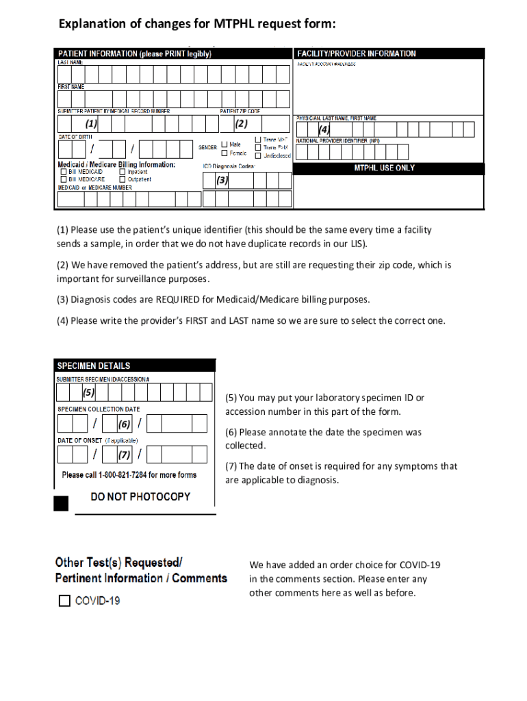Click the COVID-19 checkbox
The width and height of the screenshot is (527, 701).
(65, 601)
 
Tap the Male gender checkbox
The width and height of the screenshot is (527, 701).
(224, 144)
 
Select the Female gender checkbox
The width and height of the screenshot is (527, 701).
(224, 153)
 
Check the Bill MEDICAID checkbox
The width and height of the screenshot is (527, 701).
(63, 172)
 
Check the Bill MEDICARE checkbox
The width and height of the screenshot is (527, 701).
(63, 179)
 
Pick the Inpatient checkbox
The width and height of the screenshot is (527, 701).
(122, 172)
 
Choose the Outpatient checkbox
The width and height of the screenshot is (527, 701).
(122, 179)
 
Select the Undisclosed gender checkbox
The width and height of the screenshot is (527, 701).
(257, 155)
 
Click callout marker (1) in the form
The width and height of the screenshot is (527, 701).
(91, 124)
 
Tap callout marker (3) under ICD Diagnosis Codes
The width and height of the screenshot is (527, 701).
(222, 181)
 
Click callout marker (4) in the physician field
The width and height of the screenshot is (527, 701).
(324, 129)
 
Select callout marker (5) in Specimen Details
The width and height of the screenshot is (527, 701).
(88, 393)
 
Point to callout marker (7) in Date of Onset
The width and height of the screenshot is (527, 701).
(124, 455)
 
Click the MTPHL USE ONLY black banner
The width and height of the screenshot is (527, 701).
(389, 168)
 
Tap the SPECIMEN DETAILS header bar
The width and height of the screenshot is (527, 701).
(135, 366)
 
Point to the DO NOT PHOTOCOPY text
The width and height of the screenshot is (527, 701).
(140, 496)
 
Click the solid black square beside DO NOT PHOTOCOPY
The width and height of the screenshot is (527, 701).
(62, 504)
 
